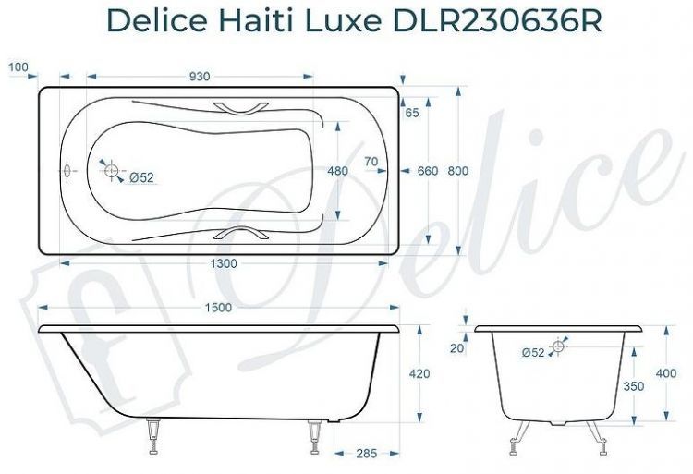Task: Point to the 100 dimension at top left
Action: (18, 67)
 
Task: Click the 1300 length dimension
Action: (222, 263)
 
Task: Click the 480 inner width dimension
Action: (338, 171)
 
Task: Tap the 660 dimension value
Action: (428, 171)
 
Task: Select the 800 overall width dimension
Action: (458, 171)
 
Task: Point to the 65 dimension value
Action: (412, 113)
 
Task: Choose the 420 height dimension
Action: (419, 374)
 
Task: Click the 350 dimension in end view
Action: (633, 387)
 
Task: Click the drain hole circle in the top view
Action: (112, 171)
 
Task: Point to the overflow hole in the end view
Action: (557, 347)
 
